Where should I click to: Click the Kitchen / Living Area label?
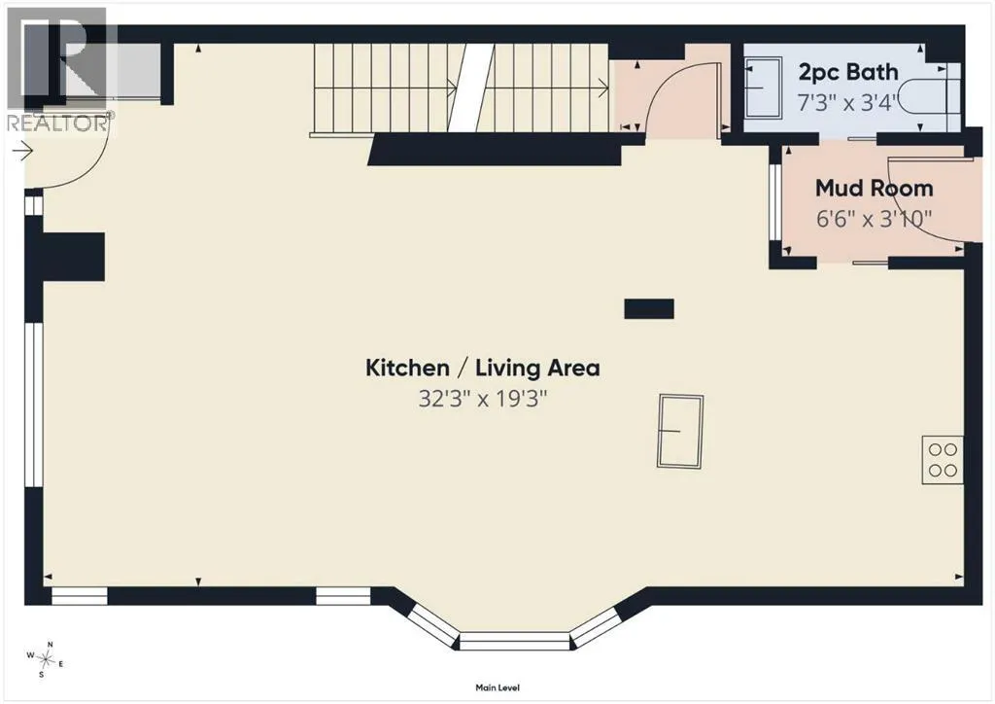(482, 368)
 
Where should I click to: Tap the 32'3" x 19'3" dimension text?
(482, 399)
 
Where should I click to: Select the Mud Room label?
(874, 188)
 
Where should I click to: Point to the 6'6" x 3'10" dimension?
(874, 219)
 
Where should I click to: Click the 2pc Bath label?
(848, 72)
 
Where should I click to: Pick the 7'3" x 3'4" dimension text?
(847, 102)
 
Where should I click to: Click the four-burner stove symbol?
(943, 460)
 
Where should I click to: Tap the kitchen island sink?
(680, 431)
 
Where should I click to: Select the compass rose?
(46, 659)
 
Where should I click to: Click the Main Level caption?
(497, 687)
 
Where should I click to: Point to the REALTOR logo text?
(57, 123)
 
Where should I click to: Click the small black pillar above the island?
(649, 308)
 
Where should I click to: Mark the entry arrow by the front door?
(23, 151)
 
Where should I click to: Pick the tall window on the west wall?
(34, 405)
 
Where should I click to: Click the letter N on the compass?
(51, 645)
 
